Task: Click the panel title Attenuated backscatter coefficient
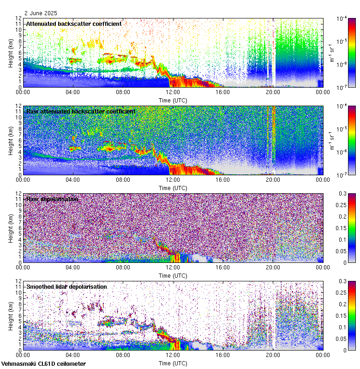[74, 24]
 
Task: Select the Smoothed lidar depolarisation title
[66, 286]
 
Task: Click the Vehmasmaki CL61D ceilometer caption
[43, 364]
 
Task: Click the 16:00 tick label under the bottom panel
[223, 355]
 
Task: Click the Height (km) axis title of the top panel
[11, 53]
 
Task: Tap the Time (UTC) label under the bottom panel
[173, 363]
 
